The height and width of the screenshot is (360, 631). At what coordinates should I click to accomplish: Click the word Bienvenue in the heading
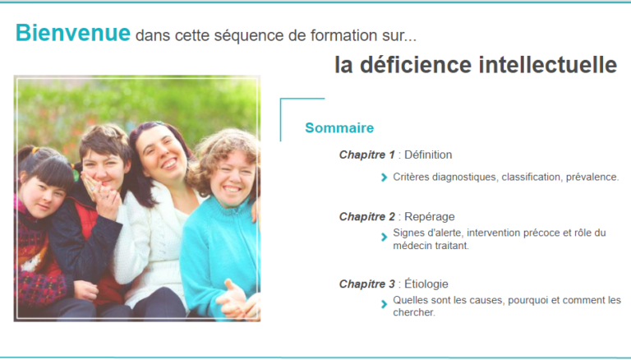click(x=73, y=33)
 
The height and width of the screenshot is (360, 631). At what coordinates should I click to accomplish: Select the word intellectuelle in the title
click(x=548, y=64)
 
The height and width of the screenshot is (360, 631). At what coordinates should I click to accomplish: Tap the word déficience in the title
click(x=415, y=64)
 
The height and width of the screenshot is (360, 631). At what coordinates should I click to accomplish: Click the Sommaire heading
click(x=339, y=127)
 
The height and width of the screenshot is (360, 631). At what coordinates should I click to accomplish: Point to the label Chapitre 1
click(x=367, y=155)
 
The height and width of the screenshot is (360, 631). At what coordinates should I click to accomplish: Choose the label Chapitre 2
click(x=367, y=217)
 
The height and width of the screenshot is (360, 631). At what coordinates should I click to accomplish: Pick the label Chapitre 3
click(x=367, y=284)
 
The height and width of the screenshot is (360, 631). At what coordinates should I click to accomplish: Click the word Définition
click(x=428, y=155)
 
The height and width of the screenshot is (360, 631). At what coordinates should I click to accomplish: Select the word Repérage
click(x=430, y=217)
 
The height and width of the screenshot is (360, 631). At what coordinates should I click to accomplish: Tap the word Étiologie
click(x=426, y=284)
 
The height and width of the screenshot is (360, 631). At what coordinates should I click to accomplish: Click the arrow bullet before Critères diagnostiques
click(x=384, y=178)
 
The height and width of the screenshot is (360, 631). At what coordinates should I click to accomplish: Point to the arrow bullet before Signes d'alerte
click(x=384, y=238)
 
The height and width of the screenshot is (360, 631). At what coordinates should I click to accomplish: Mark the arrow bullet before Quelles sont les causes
click(x=384, y=304)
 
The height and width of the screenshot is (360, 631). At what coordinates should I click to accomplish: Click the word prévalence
click(x=592, y=178)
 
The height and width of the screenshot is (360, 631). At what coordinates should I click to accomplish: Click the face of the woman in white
click(x=161, y=154)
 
